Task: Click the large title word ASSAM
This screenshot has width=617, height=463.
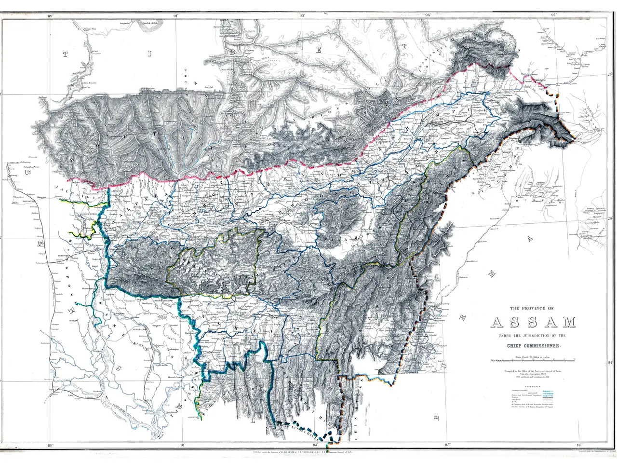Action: [534, 323]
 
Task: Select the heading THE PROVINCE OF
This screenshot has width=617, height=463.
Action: [533, 308]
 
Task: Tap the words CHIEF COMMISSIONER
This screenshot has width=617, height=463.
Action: [533, 346]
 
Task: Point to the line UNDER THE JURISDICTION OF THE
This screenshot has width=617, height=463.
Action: [533, 336]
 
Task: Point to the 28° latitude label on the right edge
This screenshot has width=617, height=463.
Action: [609, 75]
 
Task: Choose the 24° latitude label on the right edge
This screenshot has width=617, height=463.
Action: [609, 363]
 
